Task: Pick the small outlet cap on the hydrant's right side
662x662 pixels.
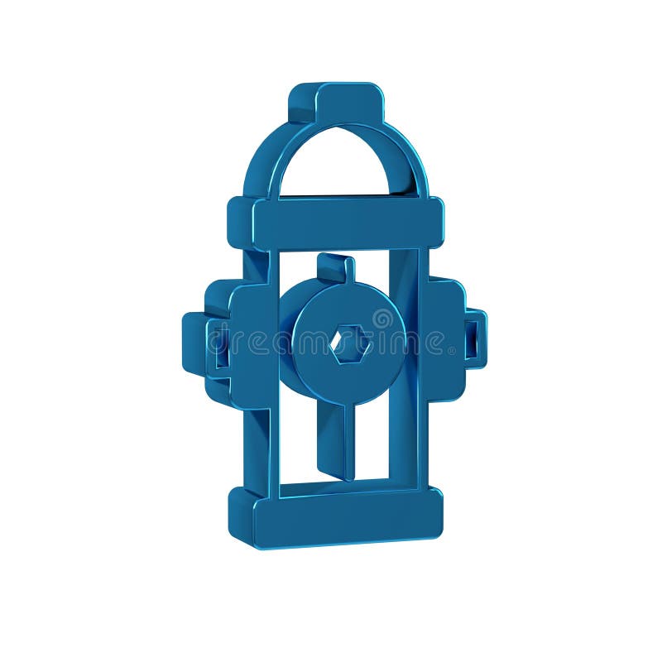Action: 475,338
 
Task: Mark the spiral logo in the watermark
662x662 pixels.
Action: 382,319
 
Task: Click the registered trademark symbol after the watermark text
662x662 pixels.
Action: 452,351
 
